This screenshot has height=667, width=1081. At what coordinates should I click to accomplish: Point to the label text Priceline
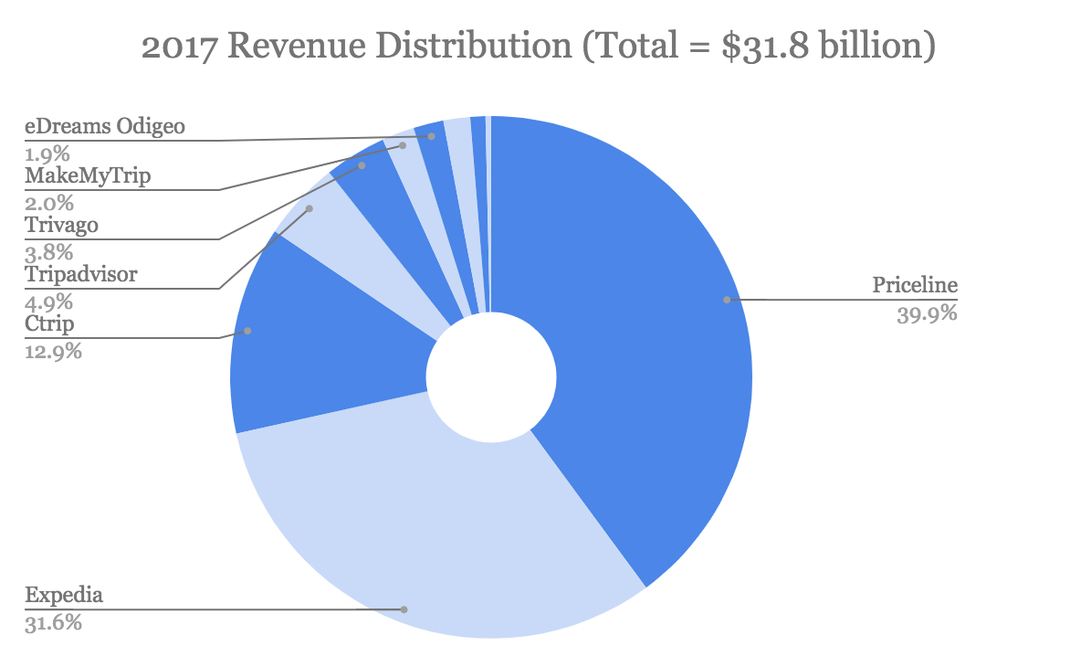click(x=914, y=285)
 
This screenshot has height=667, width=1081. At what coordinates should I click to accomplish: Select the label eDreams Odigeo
click(x=104, y=126)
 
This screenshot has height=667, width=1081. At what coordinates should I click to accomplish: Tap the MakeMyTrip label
click(x=86, y=175)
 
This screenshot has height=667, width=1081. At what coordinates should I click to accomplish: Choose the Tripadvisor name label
click(x=81, y=274)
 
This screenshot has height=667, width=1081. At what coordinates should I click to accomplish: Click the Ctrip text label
click(x=49, y=323)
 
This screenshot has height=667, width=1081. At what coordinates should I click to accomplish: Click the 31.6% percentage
click(x=53, y=625)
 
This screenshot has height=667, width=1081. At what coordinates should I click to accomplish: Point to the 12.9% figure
click(x=53, y=351)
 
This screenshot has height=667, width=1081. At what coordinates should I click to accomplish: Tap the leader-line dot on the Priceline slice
click(x=727, y=300)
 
